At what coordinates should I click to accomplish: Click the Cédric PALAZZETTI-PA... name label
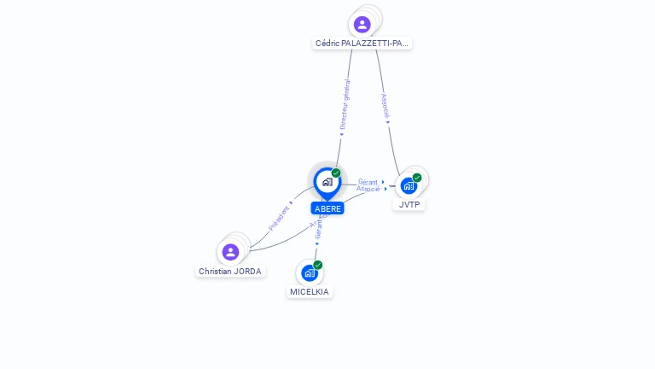coord(362,43)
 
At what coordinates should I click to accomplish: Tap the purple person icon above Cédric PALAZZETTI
coord(362,24)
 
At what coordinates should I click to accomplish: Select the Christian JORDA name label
coord(230,271)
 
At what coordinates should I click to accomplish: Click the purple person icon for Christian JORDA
coord(230,252)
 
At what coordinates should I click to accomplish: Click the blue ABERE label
coord(327,208)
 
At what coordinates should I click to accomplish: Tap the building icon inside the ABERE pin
coord(327,181)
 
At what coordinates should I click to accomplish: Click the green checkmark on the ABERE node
coord(336,173)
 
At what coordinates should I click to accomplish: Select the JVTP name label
coord(410,205)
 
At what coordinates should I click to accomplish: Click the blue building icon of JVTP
coord(409,185)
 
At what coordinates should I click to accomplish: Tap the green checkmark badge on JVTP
coord(417,178)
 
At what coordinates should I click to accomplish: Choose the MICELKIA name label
coord(309,291)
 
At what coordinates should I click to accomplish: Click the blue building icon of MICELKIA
coord(310,273)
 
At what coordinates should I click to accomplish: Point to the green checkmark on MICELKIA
coord(318,265)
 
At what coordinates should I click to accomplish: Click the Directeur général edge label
coord(345,104)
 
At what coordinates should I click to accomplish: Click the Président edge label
coord(280,218)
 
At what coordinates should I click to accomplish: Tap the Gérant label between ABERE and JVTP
coord(368,182)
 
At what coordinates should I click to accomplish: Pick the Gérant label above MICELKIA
coord(318,226)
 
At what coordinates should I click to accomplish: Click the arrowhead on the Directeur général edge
coord(341,132)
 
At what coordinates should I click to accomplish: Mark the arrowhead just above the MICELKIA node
coord(316,244)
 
